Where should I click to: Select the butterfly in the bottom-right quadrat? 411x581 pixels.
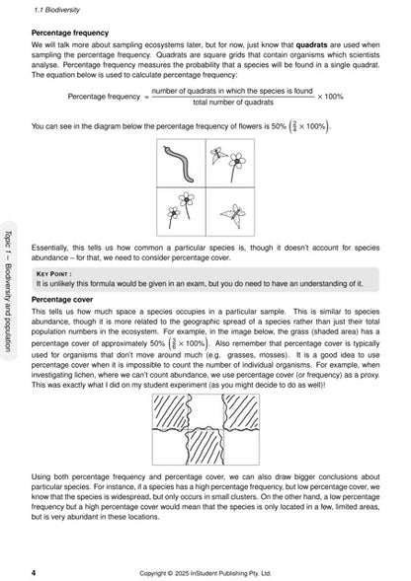[232, 211]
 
